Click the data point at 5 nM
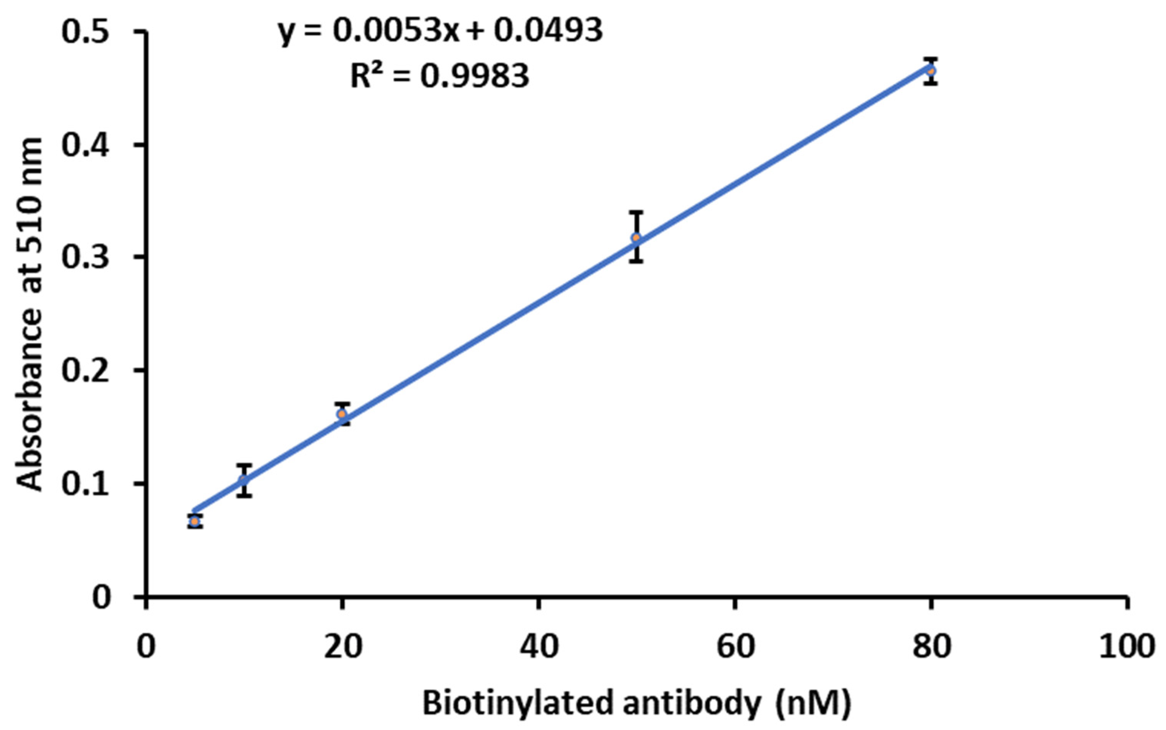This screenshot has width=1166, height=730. pyautogui.click(x=195, y=521)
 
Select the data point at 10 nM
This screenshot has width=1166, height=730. pyautogui.click(x=244, y=480)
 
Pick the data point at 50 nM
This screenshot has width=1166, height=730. pyautogui.click(x=636, y=237)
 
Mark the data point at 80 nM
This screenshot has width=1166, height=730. pyautogui.click(x=931, y=71)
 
